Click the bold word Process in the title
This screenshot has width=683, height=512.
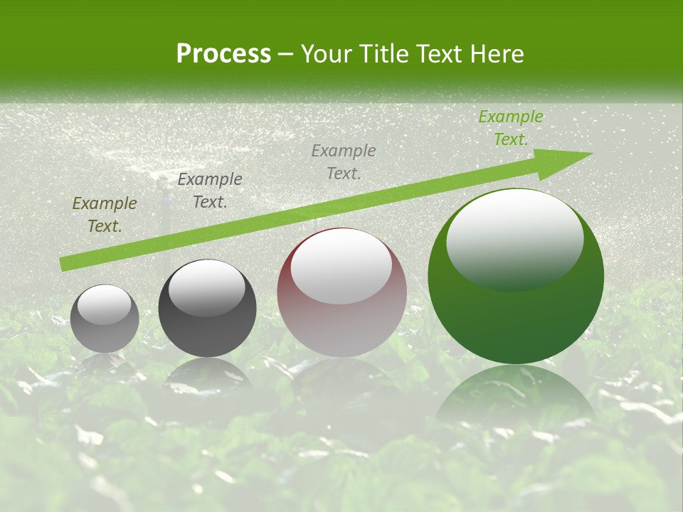223,54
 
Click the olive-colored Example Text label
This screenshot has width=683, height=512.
105,215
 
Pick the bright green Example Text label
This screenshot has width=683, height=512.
511,128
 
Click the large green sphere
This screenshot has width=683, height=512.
516,313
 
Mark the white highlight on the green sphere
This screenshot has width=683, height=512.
514,238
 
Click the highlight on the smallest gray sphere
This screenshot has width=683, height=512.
105,304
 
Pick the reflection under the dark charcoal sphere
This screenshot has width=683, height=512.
207,373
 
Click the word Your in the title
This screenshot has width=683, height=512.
324,54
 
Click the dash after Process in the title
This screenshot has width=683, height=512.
286,54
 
